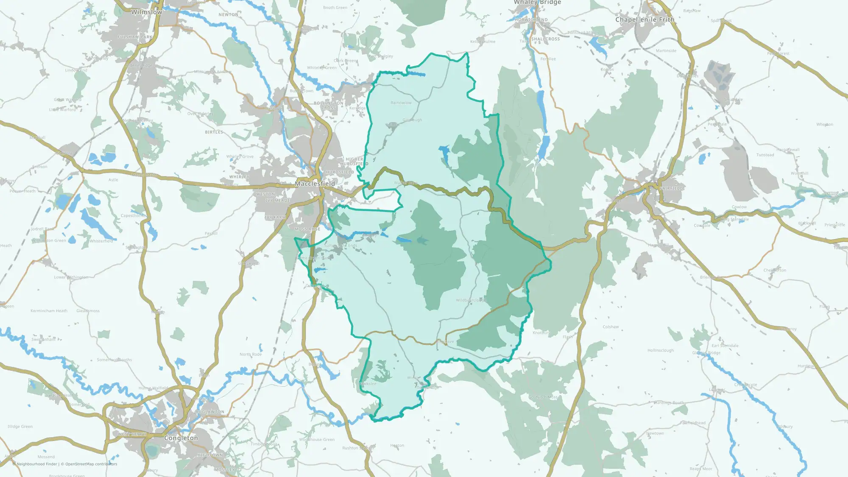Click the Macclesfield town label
pyautogui.click(x=315, y=184)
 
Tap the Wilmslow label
pyautogui.click(x=146, y=12)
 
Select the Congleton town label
pyautogui.click(x=181, y=438)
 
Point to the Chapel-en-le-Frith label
pyautogui.click(x=644, y=20)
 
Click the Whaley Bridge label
pyautogui.click(x=537, y=3)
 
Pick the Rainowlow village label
pyautogui.click(x=401, y=103)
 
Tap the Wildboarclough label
pyautogui.click(x=470, y=300)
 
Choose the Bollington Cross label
pyautogui.click(x=329, y=106)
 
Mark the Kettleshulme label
pyautogui.click(x=483, y=42)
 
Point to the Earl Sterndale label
pyautogui.click(x=725, y=346)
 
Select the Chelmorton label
pyautogui.click(x=775, y=270)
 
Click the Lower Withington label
pyautogui.click(x=71, y=277)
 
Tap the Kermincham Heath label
pyautogui.click(x=49, y=311)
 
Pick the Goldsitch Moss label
pyautogui.click(x=543, y=397)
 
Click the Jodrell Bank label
pyautogui.click(x=42, y=229)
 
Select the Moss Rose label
pyautogui.click(x=307, y=229)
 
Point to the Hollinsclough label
pyautogui.click(x=661, y=350)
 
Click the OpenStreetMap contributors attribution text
pyautogui.click(x=91, y=464)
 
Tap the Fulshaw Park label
pyautogui.click(x=134, y=37)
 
